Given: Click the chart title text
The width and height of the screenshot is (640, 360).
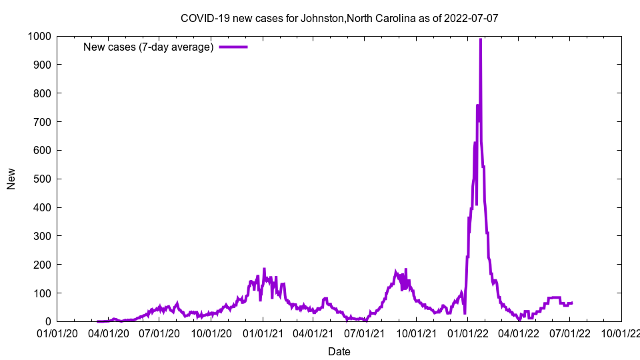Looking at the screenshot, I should click(x=339, y=18).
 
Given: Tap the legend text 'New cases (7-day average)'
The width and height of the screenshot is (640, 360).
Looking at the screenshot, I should click(x=148, y=47).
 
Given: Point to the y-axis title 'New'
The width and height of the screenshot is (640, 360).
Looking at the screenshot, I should click(x=11, y=179).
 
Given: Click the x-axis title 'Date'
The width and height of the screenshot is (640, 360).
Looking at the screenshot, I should click(x=339, y=351).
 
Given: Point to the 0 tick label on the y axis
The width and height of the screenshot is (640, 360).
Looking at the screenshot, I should click(x=49, y=322).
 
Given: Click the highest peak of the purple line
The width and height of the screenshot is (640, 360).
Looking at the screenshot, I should click(x=481, y=39).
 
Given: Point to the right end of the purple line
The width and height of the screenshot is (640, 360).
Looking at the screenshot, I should click(x=572, y=303).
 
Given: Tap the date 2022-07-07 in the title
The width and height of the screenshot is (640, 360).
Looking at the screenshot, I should click(x=472, y=18).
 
